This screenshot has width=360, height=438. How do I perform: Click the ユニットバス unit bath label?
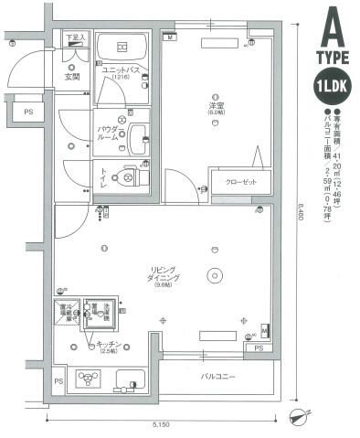[120, 70]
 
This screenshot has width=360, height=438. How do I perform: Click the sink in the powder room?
[137, 140]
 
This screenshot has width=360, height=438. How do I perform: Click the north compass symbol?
[297, 417]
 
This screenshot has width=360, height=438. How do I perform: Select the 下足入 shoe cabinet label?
[75, 37]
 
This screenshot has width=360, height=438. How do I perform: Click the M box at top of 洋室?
[170, 39]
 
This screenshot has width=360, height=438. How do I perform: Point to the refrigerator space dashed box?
[67, 314]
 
